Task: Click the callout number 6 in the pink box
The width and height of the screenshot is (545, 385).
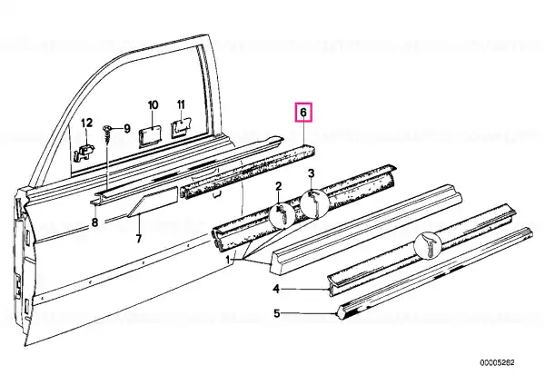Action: pos(303,113)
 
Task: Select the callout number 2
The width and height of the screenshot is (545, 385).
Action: pos(279,186)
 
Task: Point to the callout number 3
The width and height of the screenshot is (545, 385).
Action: pos(311,173)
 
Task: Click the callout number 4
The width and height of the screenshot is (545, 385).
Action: pos(276,289)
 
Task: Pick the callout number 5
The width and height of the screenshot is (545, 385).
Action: pos(276,314)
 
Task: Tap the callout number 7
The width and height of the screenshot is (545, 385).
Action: pos(139,239)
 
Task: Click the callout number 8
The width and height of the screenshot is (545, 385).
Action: pos(94,222)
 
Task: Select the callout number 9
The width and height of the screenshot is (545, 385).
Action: pos(127,129)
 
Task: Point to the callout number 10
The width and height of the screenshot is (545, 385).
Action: pos(153,105)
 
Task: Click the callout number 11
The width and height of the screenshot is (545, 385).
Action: pos(181,104)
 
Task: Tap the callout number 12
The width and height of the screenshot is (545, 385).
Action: pos(87,123)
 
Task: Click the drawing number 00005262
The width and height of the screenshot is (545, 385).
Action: pos(498,363)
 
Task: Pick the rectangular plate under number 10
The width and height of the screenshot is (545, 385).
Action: pos(150,137)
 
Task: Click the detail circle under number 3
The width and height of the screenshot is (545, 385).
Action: pos(314,203)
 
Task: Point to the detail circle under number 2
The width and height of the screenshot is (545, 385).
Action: pos(282,216)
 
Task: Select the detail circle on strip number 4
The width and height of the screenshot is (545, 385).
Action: pos(428,246)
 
